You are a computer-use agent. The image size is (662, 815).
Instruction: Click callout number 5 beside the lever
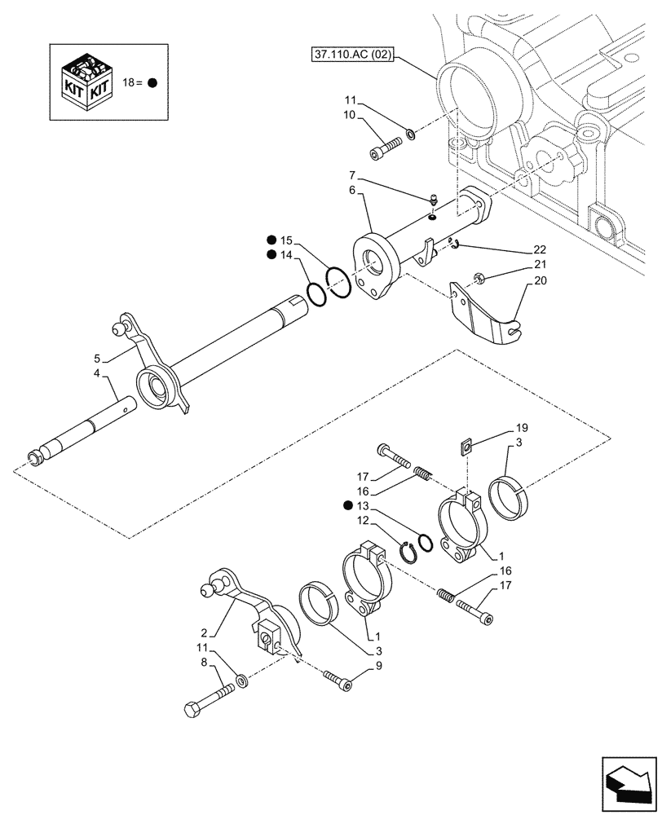(x=96, y=359)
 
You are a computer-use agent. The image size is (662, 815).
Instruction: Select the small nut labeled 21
(x=480, y=281)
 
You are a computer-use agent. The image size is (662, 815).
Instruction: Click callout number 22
(x=540, y=249)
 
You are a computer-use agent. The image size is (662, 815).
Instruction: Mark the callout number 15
(x=285, y=240)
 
